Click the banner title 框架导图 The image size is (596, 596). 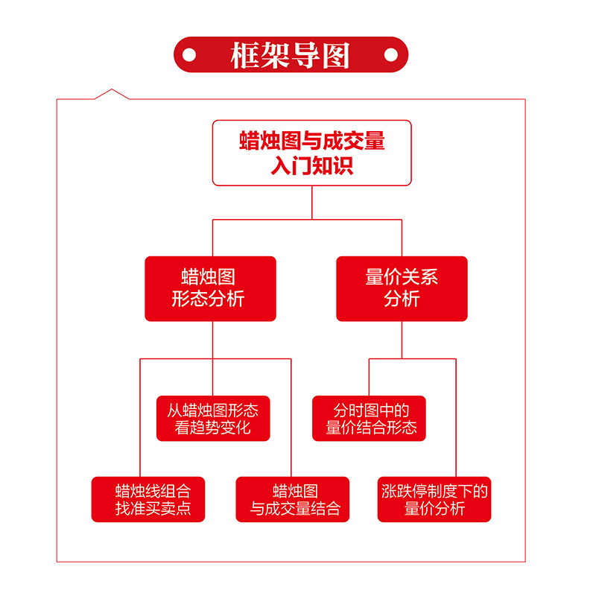click(291, 54)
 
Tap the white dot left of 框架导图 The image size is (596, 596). click(189, 54)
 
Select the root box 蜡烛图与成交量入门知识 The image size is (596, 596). click(311, 153)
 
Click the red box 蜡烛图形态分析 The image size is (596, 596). click(210, 288)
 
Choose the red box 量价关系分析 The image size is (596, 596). click(402, 288)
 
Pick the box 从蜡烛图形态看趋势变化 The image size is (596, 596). click(213, 418)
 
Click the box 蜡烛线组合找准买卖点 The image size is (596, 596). click(148, 499)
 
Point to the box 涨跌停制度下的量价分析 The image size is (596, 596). click(434, 499)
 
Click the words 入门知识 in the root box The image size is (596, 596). click(311, 165)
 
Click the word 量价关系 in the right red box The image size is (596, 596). click(402, 278)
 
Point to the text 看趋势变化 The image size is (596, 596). click(213, 428)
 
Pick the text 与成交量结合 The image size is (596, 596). click(296, 510)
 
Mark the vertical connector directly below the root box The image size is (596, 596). click(311, 202)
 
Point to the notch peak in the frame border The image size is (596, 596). click(111, 89)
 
